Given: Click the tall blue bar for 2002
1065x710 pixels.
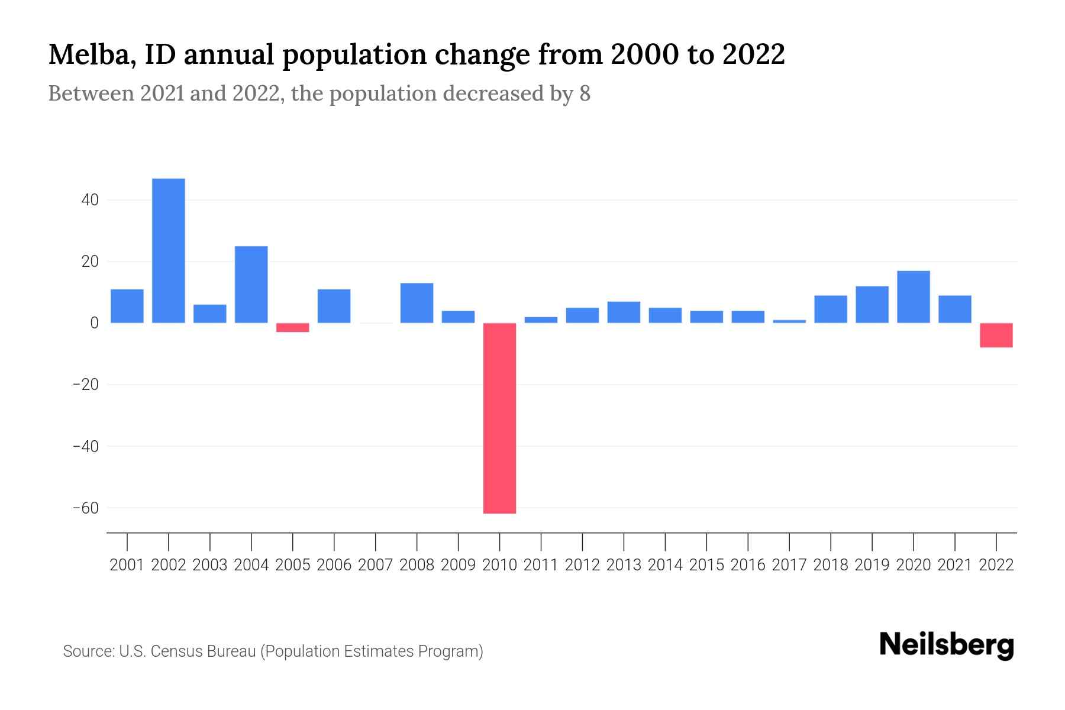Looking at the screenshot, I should (x=169, y=250).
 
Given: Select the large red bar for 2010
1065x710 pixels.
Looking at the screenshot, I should (x=499, y=418).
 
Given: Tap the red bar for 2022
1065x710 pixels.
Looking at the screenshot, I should (x=996, y=335).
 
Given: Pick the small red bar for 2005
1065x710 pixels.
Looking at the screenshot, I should (x=293, y=327).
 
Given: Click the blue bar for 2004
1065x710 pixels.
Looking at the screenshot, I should (x=251, y=284).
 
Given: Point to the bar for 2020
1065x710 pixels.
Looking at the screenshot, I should (x=914, y=296).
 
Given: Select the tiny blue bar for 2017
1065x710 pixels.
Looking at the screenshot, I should (x=789, y=321).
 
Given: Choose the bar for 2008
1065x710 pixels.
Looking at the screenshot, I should (x=417, y=303).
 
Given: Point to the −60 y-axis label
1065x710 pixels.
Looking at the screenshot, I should (x=85, y=508).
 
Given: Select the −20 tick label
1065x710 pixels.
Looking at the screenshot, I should (x=85, y=385).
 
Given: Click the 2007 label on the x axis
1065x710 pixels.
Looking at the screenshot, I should (x=376, y=565).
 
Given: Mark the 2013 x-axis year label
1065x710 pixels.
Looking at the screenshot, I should (x=624, y=565).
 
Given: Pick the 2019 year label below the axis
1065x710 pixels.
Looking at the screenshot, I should (x=872, y=565).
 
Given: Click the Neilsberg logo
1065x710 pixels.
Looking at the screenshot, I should (x=947, y=645).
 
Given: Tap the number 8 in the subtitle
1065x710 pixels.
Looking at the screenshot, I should (x=585, y=93).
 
